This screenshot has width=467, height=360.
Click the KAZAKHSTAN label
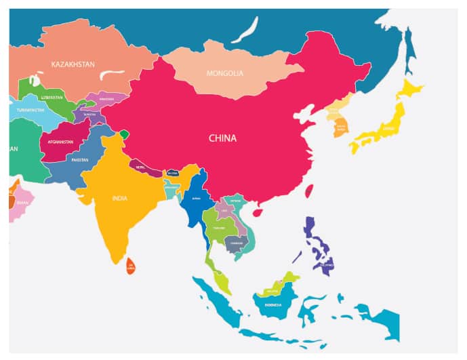pos(73,64)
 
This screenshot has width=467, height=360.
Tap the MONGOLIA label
pos(224,73)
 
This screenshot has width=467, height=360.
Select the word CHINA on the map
pos(222,138)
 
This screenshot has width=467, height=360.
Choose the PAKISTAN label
pos(80,160)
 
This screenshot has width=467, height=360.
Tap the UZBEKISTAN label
pos(52,98)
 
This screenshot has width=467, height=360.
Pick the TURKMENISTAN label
pos(27,111)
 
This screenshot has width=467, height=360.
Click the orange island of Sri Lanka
pos(130,266)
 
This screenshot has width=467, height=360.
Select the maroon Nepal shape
pos(142,167)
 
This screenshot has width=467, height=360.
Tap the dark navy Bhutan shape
pos(172,173)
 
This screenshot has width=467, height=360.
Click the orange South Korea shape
pos(340,127)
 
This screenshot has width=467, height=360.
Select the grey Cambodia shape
pos(237,243)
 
